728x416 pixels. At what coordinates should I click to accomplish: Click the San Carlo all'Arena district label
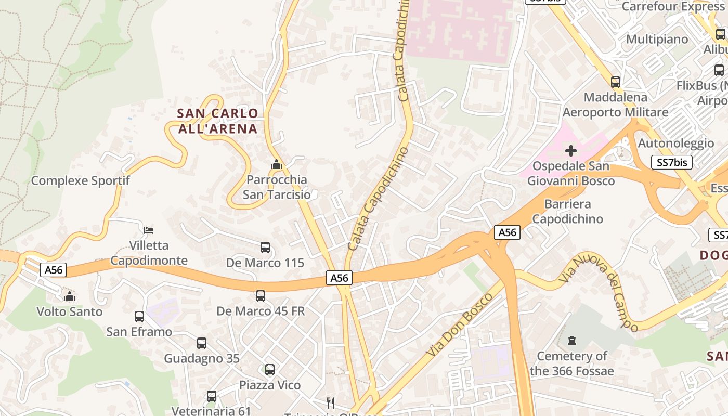pyautogui.click(x=218, y=121)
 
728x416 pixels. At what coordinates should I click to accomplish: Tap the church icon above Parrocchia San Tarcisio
pyautogui.click(x=276, y=165)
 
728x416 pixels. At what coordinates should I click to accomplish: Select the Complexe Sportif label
pyautogui.click(x=80, y=180)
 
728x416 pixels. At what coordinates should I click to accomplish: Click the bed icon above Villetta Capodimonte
pyautogui.click(x=149, y=230)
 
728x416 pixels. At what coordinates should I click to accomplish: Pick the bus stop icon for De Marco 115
pyautogui.click(x=265, y=248)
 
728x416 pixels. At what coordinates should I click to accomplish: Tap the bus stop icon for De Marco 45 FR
pyautogui.click(x=261, y=296)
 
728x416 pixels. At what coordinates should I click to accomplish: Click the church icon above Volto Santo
pyautogui.click(x=69, y=296)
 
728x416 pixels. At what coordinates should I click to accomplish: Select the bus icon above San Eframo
pyautogui.click(x=139, y=316)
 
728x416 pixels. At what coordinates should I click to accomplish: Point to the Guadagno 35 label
pyautogui.click(x=202, y=358)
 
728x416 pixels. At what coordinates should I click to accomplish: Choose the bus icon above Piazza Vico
pyautogui.click(x=269, y=370)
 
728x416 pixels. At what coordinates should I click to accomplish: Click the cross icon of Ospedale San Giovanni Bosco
pyautogui.click(x=571, y=151)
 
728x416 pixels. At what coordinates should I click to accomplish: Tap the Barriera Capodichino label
pyautogui.click(x=567, y=211)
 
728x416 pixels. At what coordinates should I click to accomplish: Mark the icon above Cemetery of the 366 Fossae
pyautogui.click(x=572, y=341)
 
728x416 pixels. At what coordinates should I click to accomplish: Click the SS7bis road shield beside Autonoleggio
pyautogui.click(x=671, y=162)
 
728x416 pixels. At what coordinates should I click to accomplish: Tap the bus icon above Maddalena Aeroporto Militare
pyautogui.click(x=616, y=82)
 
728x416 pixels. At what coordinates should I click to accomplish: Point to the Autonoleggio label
pyautogui.click(x=675, y=143)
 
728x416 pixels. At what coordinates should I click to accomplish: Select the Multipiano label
pyautogui.click(x=657, y=39)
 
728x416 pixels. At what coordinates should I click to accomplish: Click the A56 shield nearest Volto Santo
pyautogui.click(x=54, y=270)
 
